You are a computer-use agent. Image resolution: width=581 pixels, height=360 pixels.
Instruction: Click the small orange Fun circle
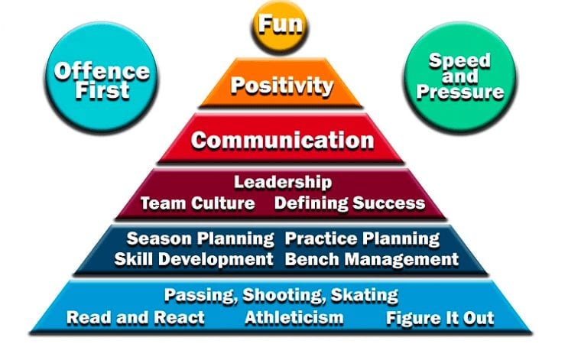280,24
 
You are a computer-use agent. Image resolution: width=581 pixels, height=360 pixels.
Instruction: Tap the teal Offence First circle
92,80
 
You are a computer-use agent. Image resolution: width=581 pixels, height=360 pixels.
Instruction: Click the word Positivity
281,84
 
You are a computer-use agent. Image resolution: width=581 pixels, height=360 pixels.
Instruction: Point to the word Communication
282,141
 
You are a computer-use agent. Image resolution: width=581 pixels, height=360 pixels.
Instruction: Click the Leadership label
282,182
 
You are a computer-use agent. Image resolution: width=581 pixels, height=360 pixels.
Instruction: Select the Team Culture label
197,203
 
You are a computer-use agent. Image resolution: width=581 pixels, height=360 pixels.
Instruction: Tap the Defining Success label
349,203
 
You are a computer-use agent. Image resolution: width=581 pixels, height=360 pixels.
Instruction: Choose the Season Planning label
200,238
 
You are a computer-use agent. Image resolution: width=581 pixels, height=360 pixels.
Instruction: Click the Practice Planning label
362,238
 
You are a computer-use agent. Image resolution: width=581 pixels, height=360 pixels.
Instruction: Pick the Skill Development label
193,259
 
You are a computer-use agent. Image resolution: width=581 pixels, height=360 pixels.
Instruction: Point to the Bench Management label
372,259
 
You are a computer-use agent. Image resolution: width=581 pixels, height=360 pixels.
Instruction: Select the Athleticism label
294,317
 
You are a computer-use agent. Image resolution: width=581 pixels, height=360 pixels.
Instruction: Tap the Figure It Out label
440,317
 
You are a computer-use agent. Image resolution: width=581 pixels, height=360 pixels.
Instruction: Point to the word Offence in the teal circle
92,71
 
